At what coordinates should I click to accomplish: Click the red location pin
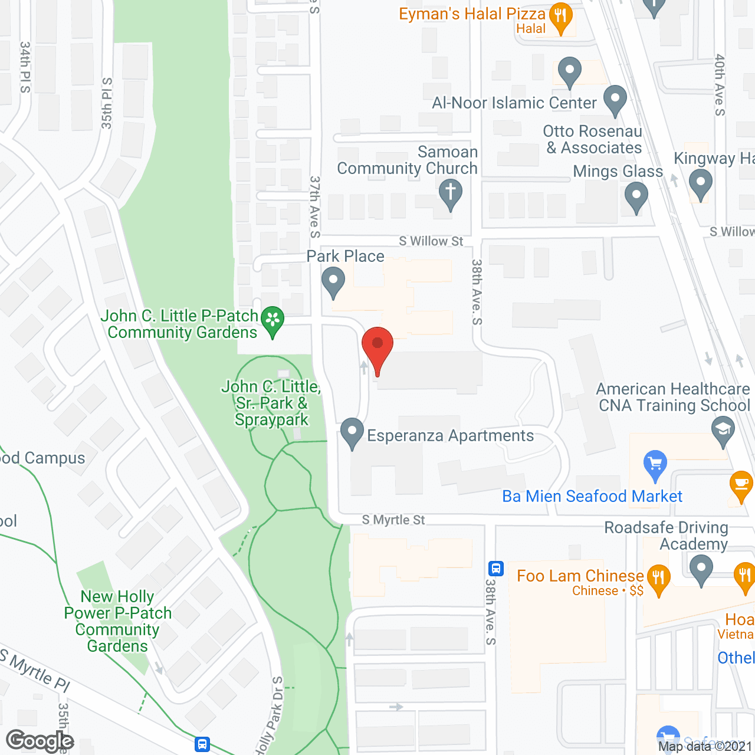click(x=377, y=345)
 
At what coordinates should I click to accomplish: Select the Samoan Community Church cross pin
click(x=450, y=193)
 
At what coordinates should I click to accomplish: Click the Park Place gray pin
click(x=333, y=281)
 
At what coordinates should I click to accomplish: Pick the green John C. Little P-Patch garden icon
click(x=273, y=320)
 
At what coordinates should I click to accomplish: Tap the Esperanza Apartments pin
click(x=352, y=432)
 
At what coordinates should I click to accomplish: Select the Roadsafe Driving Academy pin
click(x=701, y=570)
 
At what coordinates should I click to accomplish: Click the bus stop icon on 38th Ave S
click(x=495, y=569)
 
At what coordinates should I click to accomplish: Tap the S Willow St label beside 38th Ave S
click(x=431, y=241)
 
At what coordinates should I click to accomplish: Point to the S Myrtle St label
click(x=393, y=520)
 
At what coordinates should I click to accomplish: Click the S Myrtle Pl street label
click(x=35, y=670)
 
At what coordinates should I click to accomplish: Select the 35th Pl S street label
click(x=107, y=103)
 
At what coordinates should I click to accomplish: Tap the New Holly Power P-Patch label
click(x=118, y=621)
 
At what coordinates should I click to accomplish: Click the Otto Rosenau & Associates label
click(x=593, y=139)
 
